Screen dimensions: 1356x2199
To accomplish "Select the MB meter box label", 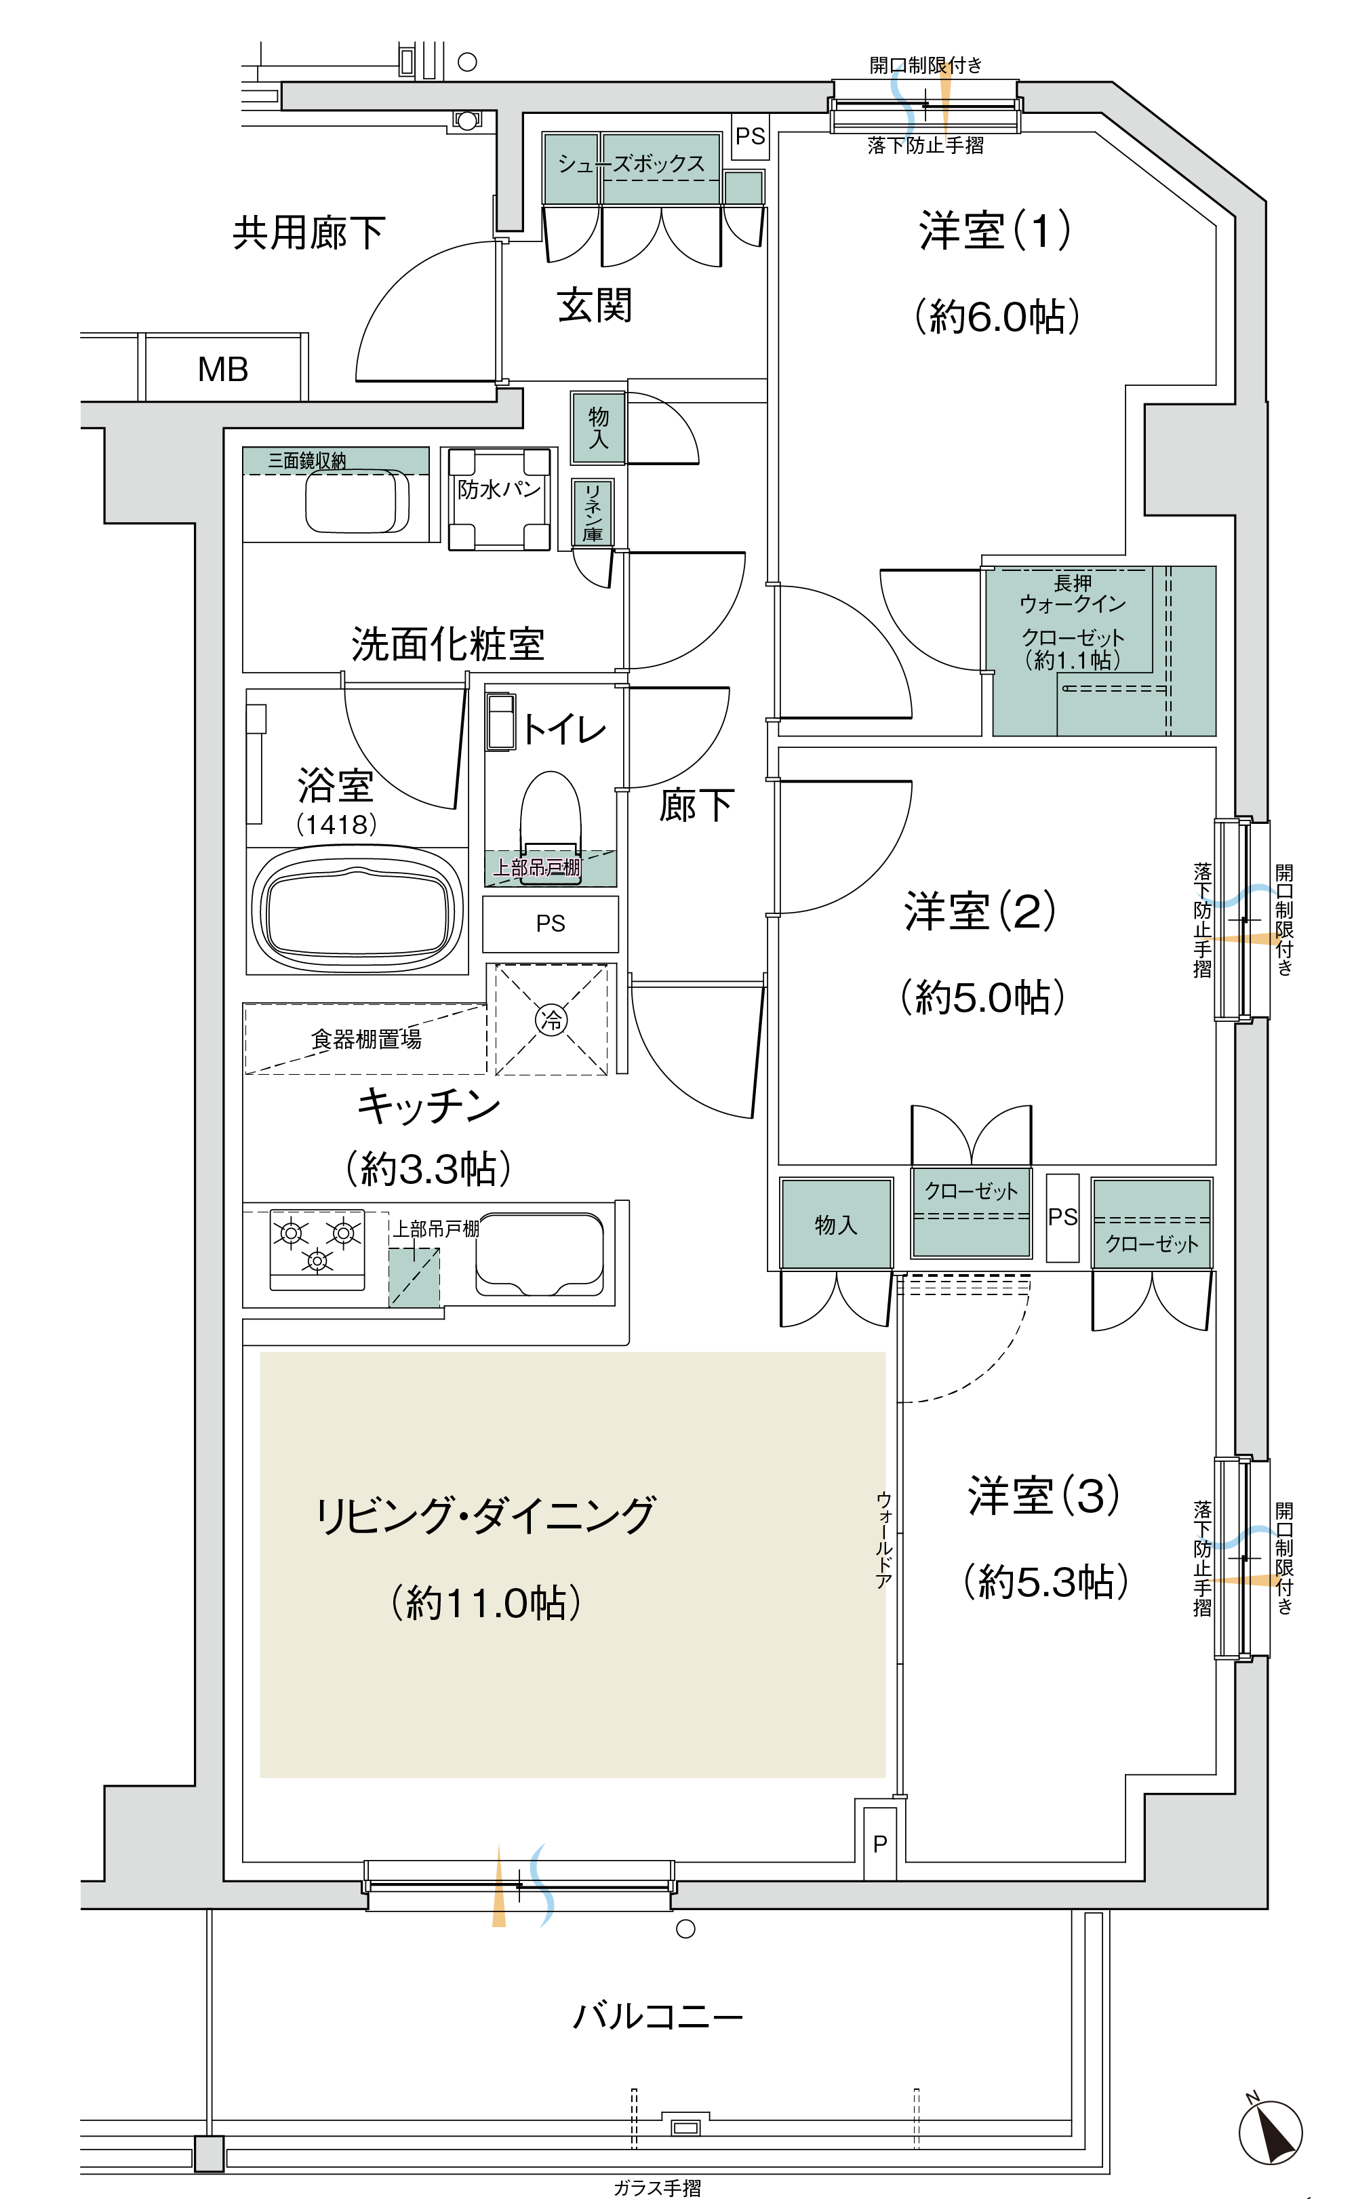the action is tap(222, 369).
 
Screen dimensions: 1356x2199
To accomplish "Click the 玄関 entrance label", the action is tap(595, 305).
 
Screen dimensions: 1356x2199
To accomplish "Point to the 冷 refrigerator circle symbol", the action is tap(551, 1020).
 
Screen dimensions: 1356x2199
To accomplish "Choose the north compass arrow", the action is tap(1270, 2133).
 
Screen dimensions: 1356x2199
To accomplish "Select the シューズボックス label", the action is tap(631, 163).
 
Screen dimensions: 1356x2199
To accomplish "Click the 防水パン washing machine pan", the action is tap(500, 498).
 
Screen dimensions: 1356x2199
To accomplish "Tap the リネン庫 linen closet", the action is tap(593, 511).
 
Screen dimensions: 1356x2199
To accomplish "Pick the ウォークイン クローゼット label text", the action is tap(1073, 620).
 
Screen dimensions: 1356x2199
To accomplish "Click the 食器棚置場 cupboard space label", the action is tap(366, 1039).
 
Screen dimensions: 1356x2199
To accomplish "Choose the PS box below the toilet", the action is tap(551, 924).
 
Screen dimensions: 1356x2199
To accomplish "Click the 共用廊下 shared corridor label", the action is tap(308, 233).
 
